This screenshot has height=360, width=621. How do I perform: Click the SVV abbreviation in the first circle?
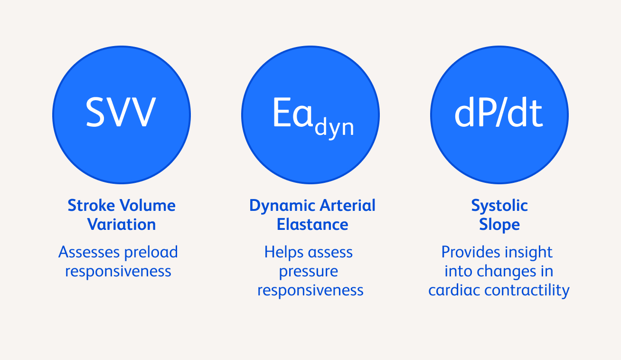(x=121, y=112)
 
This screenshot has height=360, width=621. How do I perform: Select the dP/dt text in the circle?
(x=498, y=113)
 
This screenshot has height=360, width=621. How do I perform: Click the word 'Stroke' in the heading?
(x=91, y=206)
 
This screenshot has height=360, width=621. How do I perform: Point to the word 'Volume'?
(x=148, y=206)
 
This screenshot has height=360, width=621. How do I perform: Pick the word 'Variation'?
(x=122, y=224)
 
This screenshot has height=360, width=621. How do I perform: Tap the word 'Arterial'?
(x=348, y=206)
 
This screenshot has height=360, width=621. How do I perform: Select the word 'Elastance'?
(x=312, y=224)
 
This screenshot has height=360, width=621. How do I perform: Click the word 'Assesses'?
(x=89, y=252)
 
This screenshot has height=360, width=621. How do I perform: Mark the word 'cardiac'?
(x=454, y=290)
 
